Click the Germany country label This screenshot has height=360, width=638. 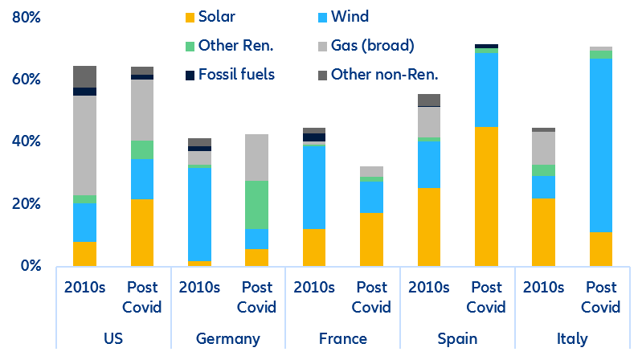228,338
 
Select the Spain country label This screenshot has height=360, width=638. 457,338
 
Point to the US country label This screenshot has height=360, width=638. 113,338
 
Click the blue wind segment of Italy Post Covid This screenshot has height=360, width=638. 601,145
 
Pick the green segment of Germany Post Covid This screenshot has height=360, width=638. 257,205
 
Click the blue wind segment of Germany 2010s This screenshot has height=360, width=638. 200,214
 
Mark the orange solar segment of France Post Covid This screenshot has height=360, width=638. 372,239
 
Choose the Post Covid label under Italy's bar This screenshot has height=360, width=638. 601,297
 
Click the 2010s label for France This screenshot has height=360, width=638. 314,288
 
